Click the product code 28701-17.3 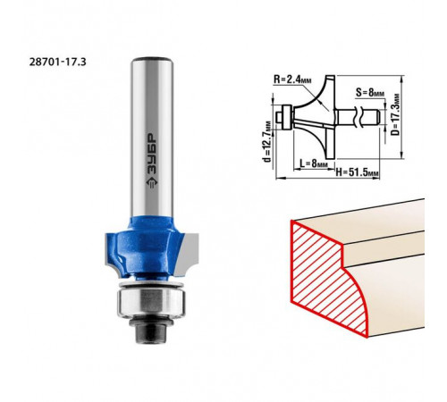(x=58, y=62)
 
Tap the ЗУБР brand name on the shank (x=152, y=154)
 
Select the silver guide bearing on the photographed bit (x=152, y=303)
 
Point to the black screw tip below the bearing (x=151, y=333)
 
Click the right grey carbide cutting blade (x=187, y=253)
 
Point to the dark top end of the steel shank (x=152, y=58)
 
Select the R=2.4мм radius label (x=292, y=80)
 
